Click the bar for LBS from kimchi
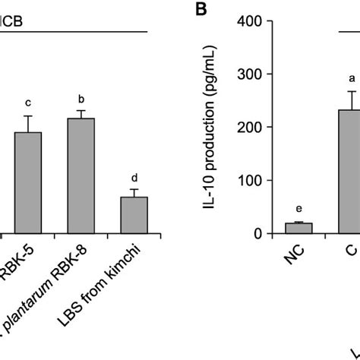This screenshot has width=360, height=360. (x=134, y=215)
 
